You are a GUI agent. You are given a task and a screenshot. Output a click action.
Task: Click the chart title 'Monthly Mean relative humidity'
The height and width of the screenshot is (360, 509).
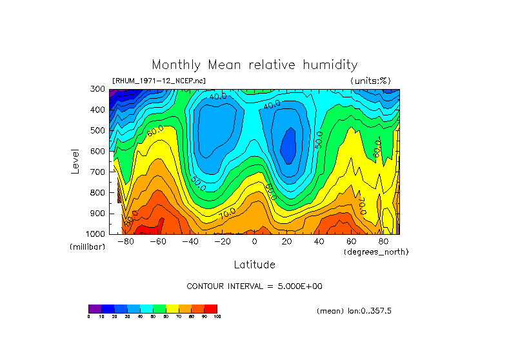(x=254, y=65)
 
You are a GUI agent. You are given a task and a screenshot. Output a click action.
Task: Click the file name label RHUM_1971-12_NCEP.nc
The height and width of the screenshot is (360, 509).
(x=159, y=81)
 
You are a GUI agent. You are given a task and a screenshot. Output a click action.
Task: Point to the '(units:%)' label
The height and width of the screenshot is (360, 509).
(x=370, y=81)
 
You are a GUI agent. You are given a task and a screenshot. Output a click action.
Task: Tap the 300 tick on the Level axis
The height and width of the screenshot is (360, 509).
(x=97, y=90)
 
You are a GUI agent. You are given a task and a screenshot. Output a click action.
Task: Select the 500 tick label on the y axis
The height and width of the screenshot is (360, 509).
(x=97, y=131)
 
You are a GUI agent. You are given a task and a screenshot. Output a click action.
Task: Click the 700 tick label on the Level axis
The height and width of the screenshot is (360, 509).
(x=97, y=172)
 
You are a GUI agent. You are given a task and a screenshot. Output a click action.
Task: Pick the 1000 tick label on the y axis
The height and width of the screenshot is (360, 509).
(x=95, y=234)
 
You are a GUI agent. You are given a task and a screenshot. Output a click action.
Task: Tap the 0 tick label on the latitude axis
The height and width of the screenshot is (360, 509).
(x=255, y=242)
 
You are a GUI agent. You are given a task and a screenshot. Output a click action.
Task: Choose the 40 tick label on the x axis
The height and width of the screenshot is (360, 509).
(x=319, y=242)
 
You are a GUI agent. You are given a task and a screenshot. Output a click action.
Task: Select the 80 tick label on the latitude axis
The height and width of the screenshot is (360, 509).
(x=384, y=242)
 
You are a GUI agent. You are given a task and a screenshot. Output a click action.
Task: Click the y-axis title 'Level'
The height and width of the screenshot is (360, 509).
(x=75, y=161)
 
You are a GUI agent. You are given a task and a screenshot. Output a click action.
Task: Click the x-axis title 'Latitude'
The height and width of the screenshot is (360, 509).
(x=254, y=265)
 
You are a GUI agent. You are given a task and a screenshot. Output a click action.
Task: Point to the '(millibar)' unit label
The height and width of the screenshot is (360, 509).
(x=88, y=247)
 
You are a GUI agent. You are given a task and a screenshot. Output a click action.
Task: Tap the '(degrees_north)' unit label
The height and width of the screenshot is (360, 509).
(x=376, y=252)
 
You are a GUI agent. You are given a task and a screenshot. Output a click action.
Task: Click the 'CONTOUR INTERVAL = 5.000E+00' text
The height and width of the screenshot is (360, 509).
(x=254, y=286)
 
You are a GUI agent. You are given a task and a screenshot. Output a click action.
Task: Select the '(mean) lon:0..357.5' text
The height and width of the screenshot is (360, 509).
(x=354, y=311)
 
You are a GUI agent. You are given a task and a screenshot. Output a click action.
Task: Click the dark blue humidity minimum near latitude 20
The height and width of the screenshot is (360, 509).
(x=288, y=145)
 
